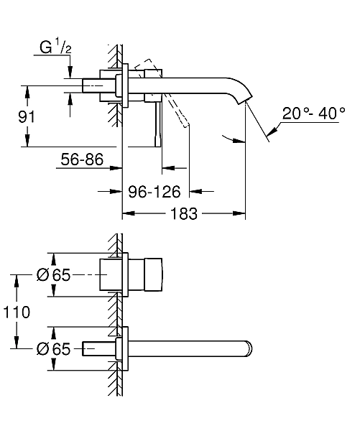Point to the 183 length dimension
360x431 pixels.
[183, 214]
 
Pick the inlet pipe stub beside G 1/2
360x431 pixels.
[97, 84]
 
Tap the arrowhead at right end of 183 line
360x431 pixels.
[242, 214]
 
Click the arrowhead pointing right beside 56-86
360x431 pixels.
[116, 170]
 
